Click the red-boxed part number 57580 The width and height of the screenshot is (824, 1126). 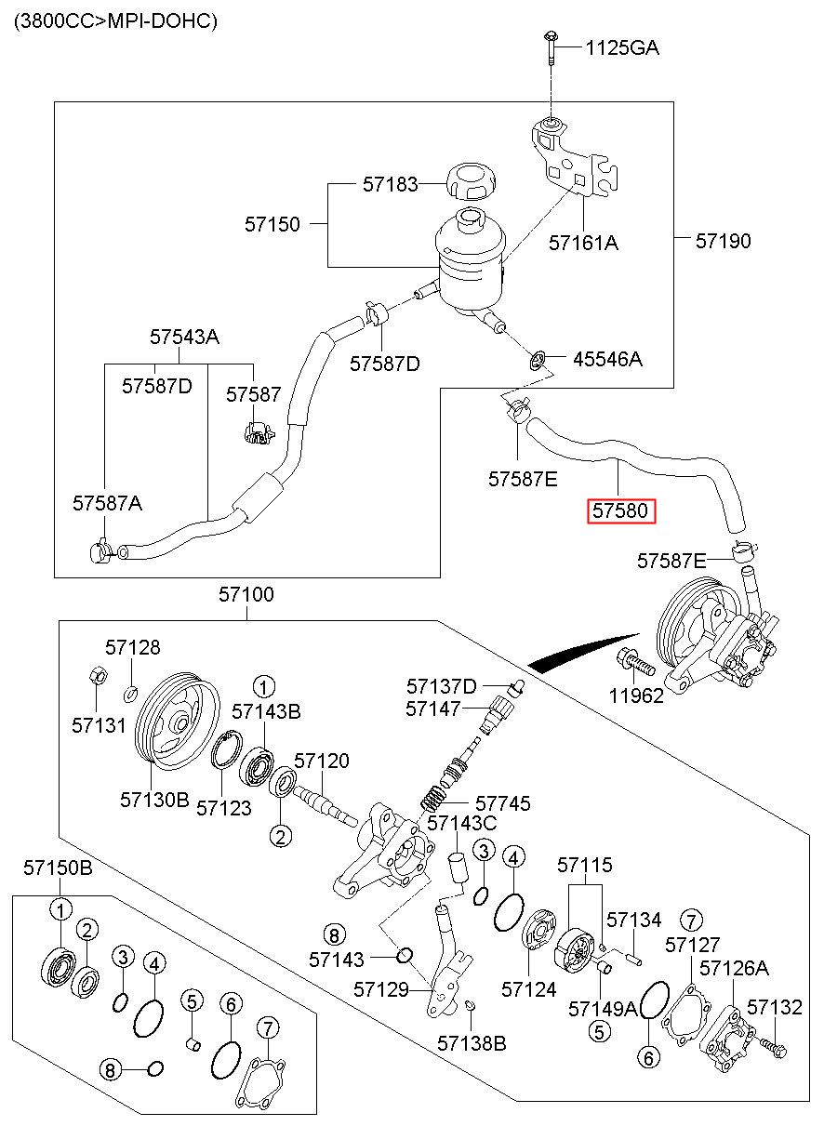click(620, 510)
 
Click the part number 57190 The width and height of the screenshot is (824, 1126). click(723, 241)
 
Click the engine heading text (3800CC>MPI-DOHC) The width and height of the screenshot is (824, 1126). click(115, 21)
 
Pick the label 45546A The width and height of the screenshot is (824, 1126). click(607, 359)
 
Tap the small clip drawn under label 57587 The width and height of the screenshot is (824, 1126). click(259, 432)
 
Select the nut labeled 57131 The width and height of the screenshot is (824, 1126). click(97, 676)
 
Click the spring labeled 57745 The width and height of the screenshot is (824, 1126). click(433, 799)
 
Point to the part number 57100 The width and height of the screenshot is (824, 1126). click(246, 594)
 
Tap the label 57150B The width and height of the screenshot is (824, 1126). click(58, 868)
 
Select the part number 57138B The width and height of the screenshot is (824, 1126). click(472, 1043)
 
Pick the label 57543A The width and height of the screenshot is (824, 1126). click(184, 337)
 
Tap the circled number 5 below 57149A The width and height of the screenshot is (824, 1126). click(599, 1032)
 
